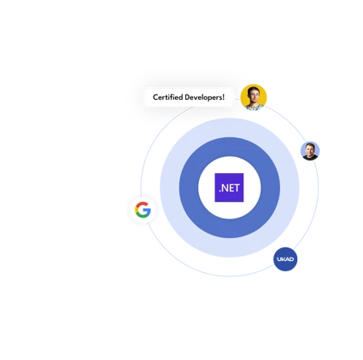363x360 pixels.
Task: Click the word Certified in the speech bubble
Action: (167, 97)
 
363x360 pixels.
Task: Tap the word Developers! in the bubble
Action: (204, 97)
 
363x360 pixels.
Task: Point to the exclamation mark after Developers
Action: (224, 97)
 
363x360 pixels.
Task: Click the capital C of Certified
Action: (155, 97)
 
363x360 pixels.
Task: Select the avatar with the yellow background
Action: (254, 97)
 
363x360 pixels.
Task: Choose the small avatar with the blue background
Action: (310, 151)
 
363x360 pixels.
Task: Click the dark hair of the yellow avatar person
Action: (253, 90)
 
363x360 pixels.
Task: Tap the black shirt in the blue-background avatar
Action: (310, 157)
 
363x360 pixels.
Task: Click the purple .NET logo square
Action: (229, 188)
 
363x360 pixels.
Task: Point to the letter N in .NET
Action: (225, 188)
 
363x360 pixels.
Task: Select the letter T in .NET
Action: (237, 188)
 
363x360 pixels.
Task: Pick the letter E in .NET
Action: (231, 188)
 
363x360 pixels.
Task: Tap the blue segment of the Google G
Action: (148, 212)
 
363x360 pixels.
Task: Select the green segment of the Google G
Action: (142, 216)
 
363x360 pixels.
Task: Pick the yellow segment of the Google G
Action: (137, 210)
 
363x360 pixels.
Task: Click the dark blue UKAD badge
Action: (285, 259)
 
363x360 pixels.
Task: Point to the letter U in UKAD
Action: (279, 259)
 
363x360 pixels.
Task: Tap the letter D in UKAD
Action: (291, 259)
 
